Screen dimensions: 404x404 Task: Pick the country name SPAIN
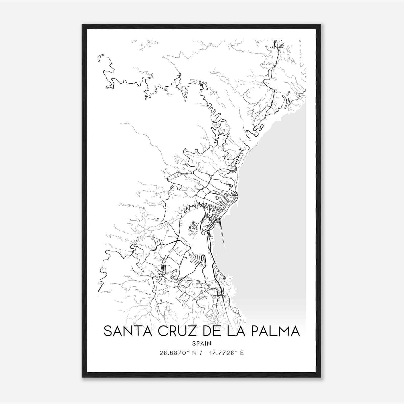tap(202, 343)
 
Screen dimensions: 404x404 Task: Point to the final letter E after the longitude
tap(242, 353)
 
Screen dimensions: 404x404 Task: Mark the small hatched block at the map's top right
tap(281, 45)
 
